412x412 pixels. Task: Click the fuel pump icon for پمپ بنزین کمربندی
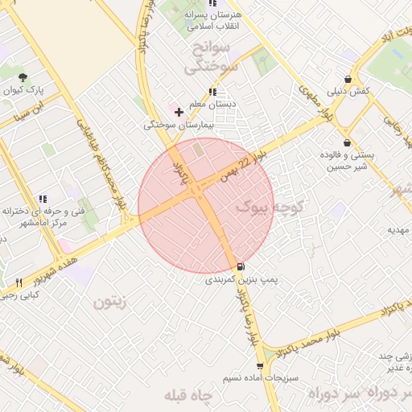pyautogui.click(x=241, y=266)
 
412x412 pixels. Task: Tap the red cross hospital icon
pyautogui.click(x=179, y=110)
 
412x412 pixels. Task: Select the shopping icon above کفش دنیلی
pyautogui.click(x=348, y=79)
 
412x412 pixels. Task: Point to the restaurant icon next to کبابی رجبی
pyautogui.click(x=19, y=282)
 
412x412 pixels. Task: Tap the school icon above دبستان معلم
pyautogui.click(x=212, y=92)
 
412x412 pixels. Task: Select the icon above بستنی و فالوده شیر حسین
pyautogui.click(x=347, y=142)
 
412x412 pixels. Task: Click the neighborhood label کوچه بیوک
pyautogui.click(x=266, y=208)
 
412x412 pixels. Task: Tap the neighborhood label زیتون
pyautogui.click(x=110, y=303)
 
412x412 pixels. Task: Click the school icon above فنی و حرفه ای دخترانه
pyautogui.click(x=43, y=198)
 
